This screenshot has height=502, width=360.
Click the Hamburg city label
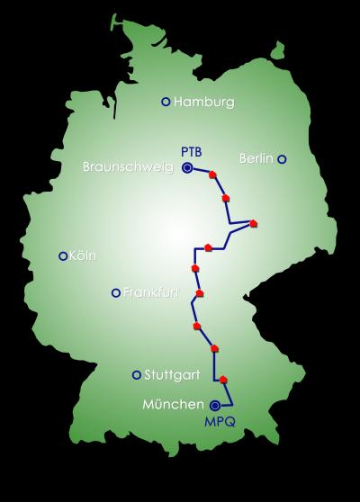204,102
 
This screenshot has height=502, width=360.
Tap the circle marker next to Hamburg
165,102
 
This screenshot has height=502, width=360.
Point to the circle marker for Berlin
282,159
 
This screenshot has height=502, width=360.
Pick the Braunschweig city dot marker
187,166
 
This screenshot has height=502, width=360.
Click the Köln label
82,256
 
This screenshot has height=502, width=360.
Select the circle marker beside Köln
62,256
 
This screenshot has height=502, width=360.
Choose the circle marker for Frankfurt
115,292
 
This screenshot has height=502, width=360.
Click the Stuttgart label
171,375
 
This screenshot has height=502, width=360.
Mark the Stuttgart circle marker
137,375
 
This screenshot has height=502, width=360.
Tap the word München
173,405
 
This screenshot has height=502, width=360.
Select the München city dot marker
215,405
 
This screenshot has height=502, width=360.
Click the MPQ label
220,421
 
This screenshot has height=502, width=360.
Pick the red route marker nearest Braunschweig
213,175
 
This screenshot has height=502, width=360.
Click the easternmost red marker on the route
254,223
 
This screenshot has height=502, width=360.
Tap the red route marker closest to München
223,380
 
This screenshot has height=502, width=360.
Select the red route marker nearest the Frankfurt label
199,292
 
